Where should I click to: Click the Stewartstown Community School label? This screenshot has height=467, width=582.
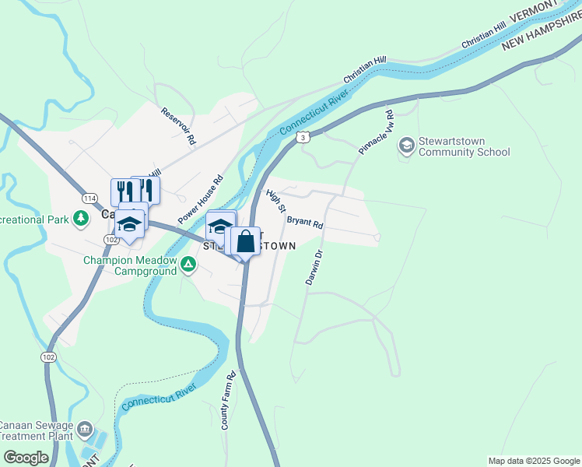point(465,146)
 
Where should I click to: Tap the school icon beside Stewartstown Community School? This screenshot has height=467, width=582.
point(406,146)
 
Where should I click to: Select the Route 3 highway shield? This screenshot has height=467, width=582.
point(303,137)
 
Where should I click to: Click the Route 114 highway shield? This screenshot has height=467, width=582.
point(89,199)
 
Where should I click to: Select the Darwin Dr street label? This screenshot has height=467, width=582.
point(313,267)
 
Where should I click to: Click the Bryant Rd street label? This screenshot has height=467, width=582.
point(305,222)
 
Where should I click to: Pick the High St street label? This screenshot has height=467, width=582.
point(276,200)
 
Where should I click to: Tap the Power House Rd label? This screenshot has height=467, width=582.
point(201,199)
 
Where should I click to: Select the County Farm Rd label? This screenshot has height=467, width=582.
point(228,401)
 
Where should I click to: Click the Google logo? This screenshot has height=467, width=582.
point(26,458)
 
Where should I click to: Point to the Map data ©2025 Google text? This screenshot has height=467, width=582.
point(534,461)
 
